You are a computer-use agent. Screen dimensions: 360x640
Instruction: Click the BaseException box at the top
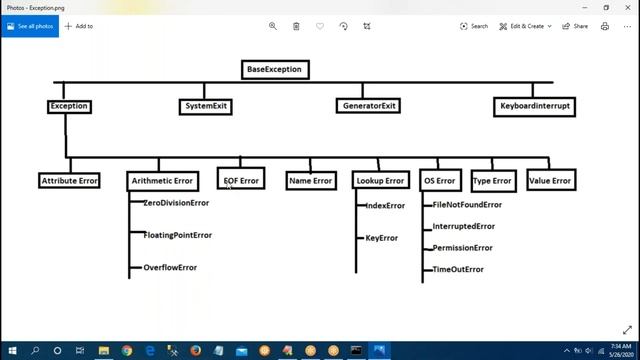click(274, 69)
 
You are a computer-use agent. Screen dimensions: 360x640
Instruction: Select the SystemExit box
click(207, 105)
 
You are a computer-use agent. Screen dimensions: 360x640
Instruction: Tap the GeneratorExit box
click(369, 105)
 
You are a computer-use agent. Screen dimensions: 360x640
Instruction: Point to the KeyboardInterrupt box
click(536, 105)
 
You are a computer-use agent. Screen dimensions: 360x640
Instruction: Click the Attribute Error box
click(69, 181)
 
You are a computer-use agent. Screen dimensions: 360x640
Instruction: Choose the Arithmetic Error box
click(161, 181)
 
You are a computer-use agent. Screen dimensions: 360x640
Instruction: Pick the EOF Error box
click(241, 180)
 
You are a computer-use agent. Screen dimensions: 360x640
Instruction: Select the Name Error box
click(310, 181)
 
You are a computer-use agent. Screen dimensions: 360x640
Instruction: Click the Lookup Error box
click(380, 181)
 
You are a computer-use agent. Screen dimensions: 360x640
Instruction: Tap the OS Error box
click(440, 181)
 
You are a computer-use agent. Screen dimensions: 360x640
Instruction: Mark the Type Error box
click(492, 181)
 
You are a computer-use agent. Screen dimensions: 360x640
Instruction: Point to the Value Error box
click(549, 181)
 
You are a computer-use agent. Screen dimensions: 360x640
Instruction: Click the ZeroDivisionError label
click(176, 203)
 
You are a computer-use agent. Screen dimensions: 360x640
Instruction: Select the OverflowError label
click(170, 267)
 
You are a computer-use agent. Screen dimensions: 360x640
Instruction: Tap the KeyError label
click(382, 238)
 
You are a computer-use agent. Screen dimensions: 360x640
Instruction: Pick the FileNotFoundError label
click(467, 205)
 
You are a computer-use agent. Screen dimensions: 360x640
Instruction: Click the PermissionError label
click(462, 248)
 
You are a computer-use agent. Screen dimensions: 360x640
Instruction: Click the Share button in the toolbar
click(575, 26)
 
